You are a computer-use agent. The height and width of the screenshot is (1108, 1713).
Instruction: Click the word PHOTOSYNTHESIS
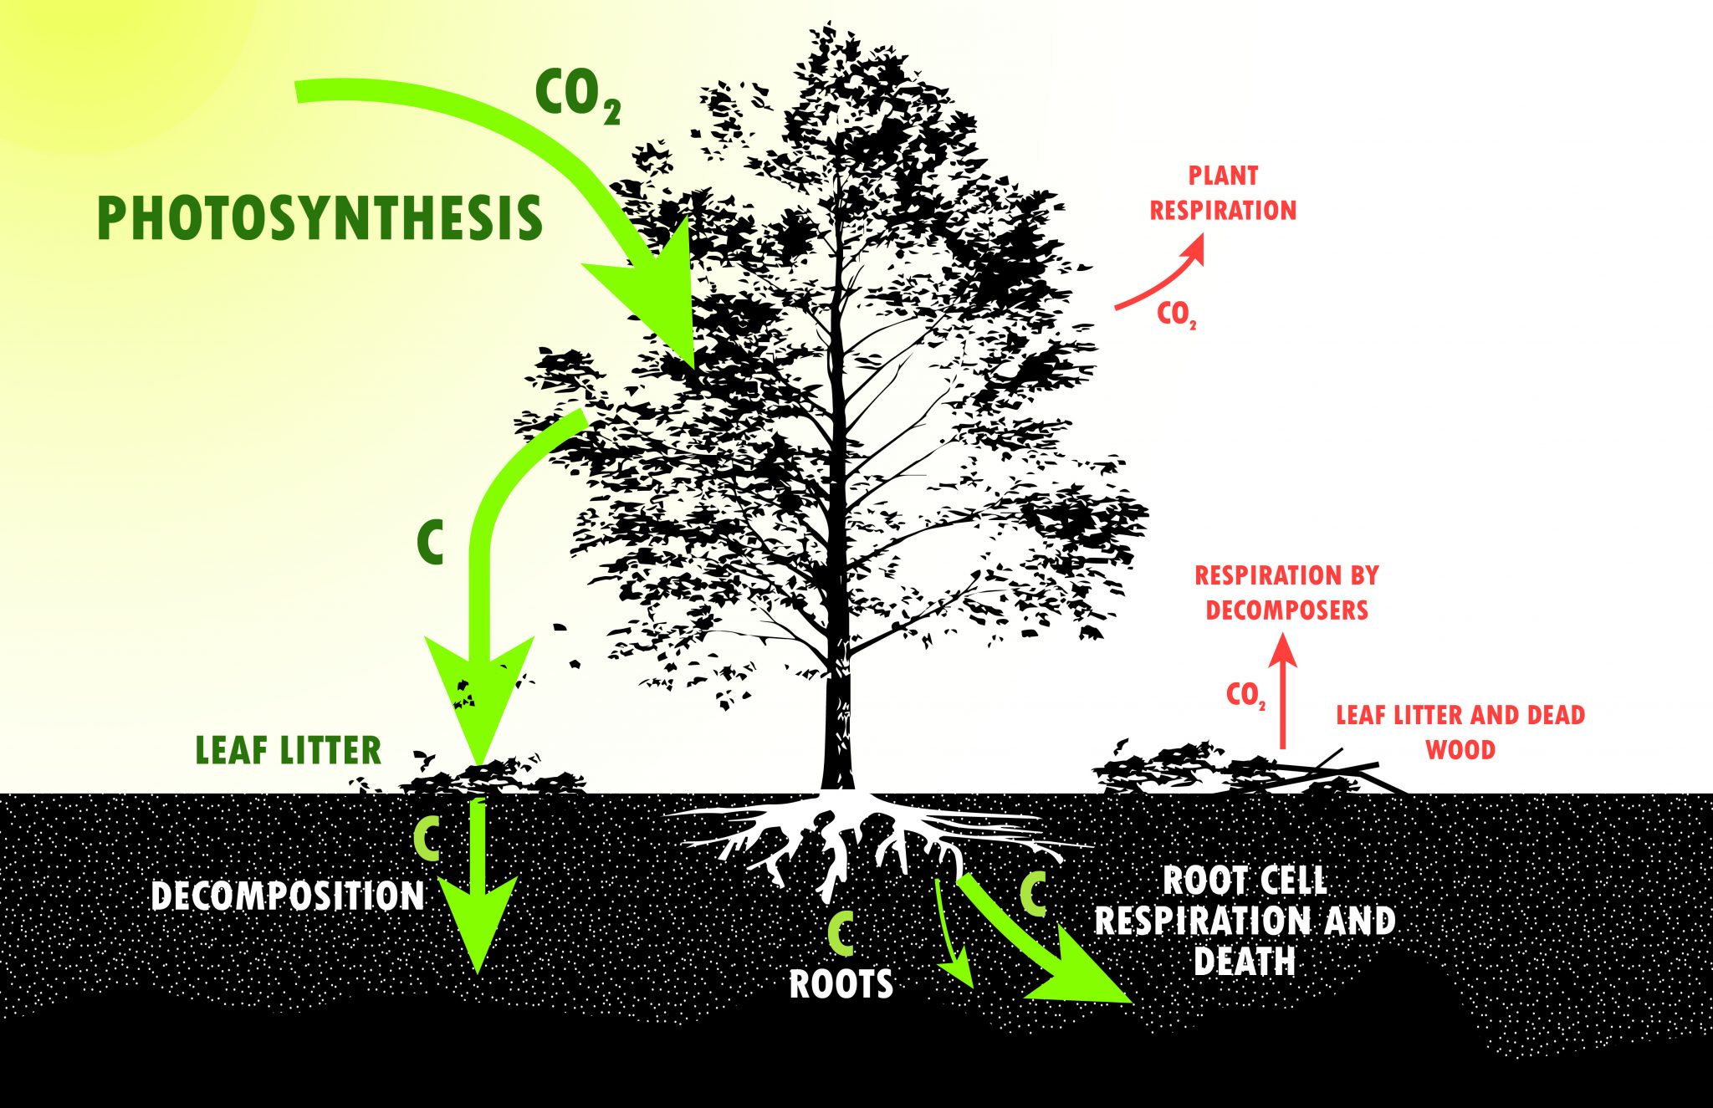[x=320, y=218]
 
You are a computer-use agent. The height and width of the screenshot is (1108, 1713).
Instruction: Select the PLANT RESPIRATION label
[x=1223, y=193]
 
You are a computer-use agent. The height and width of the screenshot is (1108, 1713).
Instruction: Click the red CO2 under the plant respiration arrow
[x=1176, y=314]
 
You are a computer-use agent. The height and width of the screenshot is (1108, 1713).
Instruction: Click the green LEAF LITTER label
[x=289, y=750]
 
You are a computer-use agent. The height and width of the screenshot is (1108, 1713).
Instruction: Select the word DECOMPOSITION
[x=288, y=896]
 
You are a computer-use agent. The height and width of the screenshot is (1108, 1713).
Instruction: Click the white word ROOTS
[x=841, y=984]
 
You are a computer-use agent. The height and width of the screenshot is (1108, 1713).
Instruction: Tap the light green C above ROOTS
[x=841, y=932]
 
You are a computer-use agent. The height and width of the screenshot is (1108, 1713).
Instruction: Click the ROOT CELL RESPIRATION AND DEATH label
[x=1245, y=921]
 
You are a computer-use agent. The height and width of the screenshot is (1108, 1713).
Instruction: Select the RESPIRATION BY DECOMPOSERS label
[x=1286, y=593]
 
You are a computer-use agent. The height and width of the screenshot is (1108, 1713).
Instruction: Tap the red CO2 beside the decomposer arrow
[x=1245, y=694]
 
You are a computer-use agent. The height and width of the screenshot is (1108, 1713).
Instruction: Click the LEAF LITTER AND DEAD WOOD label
[x=1460, y=732]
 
